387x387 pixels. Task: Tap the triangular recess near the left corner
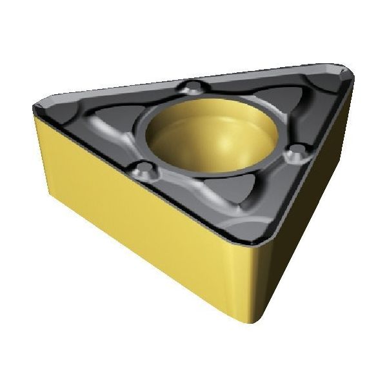click(x=90, y=119)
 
